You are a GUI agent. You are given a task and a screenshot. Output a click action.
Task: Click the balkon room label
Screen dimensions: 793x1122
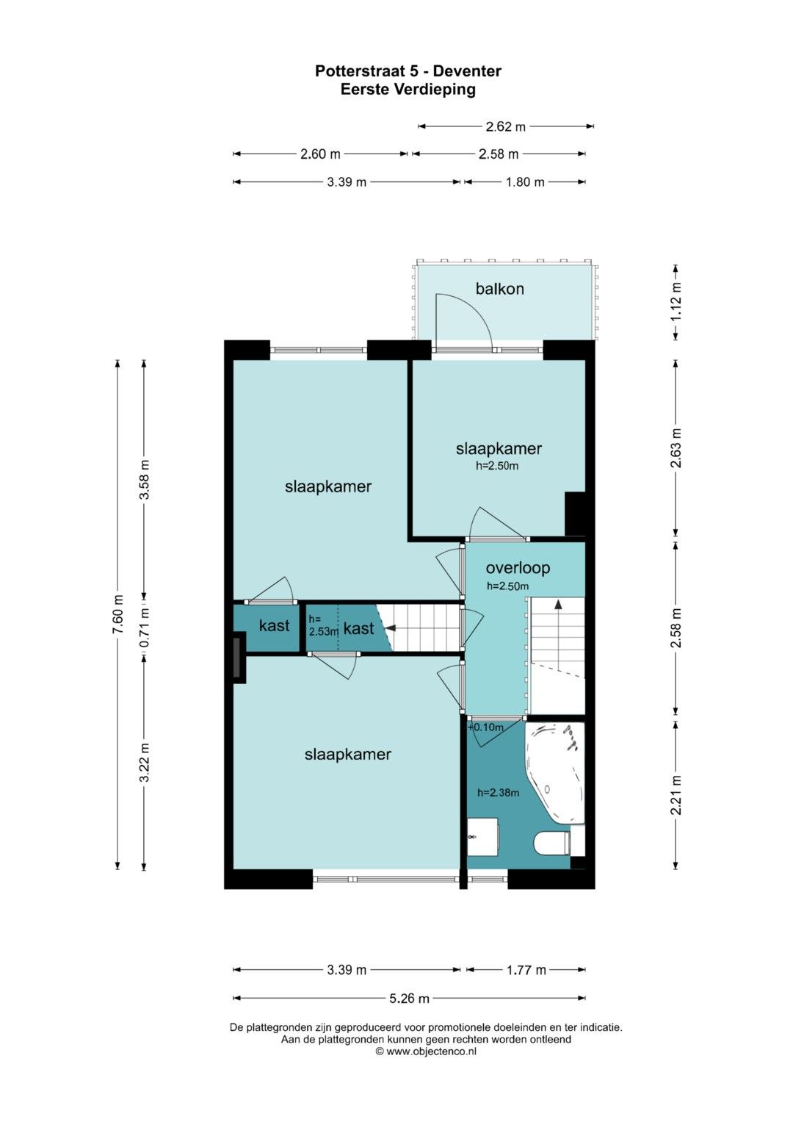click(499, 289)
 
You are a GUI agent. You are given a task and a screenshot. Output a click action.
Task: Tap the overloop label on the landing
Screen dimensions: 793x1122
click(518, 567)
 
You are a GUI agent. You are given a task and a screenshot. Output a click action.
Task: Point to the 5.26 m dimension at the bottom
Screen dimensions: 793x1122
click(409, 998)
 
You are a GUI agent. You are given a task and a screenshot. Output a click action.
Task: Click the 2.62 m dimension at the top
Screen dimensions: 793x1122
click(506, 126)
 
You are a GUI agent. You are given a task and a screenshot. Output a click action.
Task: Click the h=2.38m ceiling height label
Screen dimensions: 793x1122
click(498, 793)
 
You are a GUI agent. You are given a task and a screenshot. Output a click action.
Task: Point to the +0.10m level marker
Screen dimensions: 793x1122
click(485, 727)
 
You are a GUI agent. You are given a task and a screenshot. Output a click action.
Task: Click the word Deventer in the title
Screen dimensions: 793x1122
click(467, 71)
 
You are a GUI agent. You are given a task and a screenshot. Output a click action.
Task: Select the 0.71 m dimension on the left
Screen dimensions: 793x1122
click(144, 626)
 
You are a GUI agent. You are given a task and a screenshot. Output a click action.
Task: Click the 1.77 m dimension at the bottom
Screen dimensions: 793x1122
click(526, 970)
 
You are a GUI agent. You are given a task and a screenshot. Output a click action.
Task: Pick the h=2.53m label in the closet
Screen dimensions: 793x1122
click(322, 625)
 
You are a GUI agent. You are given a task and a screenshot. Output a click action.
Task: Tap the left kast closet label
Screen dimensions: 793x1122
click(275, 625)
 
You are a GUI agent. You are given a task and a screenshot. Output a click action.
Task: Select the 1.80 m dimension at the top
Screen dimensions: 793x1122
click(525, 181)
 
